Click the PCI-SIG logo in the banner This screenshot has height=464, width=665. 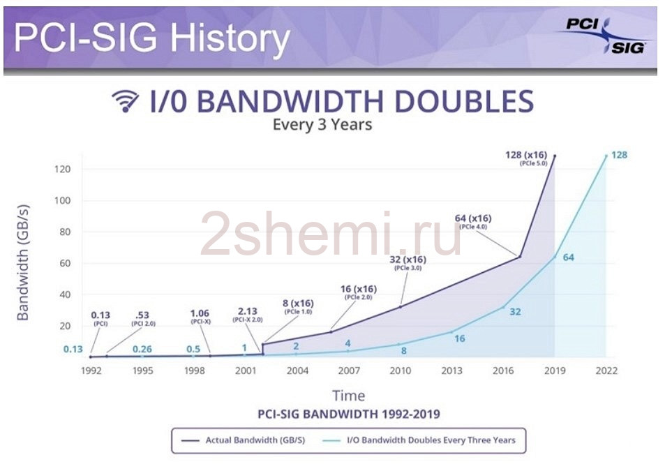pyautogui.click(x=606, y=36)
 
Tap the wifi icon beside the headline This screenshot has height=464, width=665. pyautogui.click(x=125, y=101)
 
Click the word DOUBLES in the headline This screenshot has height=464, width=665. pyautogui.click(x=464, y=101)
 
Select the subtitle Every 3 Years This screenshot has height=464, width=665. pyautogui.click(x=322, y=125)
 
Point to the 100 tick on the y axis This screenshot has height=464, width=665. pyautogui.click(x=62, y=200)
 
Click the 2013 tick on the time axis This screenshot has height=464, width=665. pyautogui.click(x=451, y=371)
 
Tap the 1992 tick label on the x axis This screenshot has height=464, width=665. pyautogui.click(x=91, y=371)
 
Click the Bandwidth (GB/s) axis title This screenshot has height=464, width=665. pyautogui.click(x=22, y=263)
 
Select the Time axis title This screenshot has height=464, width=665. pyautogui.click(x=349, y=396)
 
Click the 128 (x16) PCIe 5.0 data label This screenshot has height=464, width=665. pyautogui.click(x=526, y=158)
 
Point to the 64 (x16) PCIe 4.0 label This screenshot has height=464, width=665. pyautogui.click(x=473, y=221)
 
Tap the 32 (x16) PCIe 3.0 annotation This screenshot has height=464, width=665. pyautogui.click(x=408, y=262)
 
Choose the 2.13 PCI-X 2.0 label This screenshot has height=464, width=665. pyautogui.click(x=248, y=315)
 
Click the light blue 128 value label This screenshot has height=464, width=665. pyautogui.click(x=619, y=155)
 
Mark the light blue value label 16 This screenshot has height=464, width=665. pyautogui.click(x=460, y=338)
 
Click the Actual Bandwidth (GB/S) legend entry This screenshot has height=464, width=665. pyautogui.click(x=244, y=440)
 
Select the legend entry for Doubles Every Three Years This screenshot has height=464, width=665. pyautogui.click(x=419, y=440)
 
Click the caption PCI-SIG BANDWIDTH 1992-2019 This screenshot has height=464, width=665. pyautogui.click(x=349, y=414)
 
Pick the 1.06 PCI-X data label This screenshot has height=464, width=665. pyautogui.click(x=200, y=316)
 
